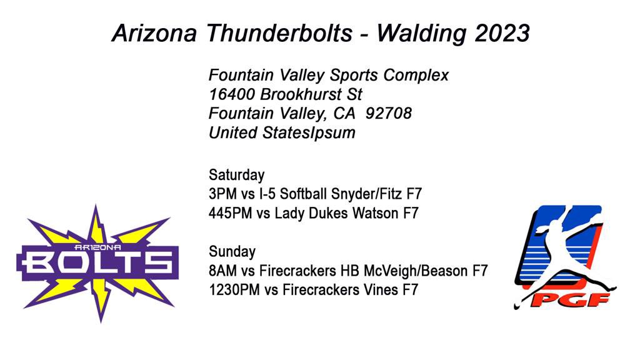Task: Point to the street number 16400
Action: (232, 94)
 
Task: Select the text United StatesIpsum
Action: (282, 132)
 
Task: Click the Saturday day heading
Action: (236, 174)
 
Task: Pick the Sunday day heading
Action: (232, 252)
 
